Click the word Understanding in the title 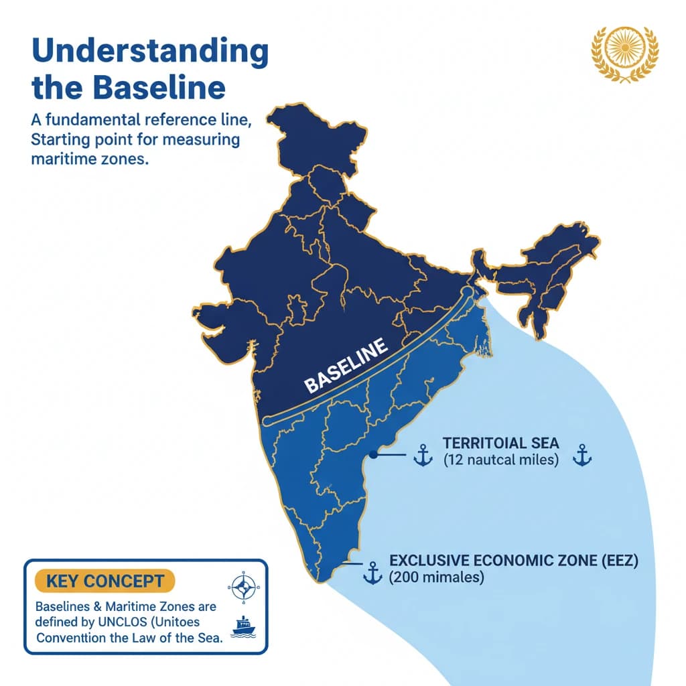click(149, 52)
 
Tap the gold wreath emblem click(625, 54)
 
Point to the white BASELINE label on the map click(346, 366)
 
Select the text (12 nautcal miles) click(500, 460)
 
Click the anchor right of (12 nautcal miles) click(581, 456)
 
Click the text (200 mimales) click(436, 577)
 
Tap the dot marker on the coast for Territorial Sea click(372, 454)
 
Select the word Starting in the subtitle click(60, 141)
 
